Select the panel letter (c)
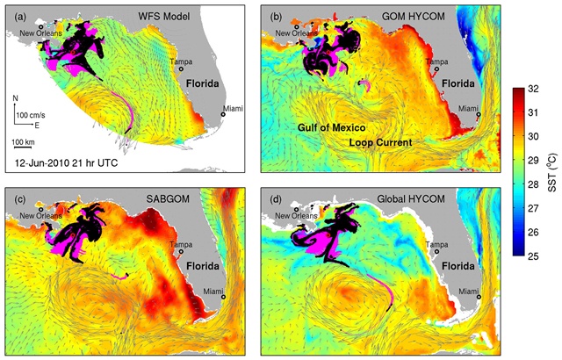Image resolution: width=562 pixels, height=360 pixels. tap(16, 198)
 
